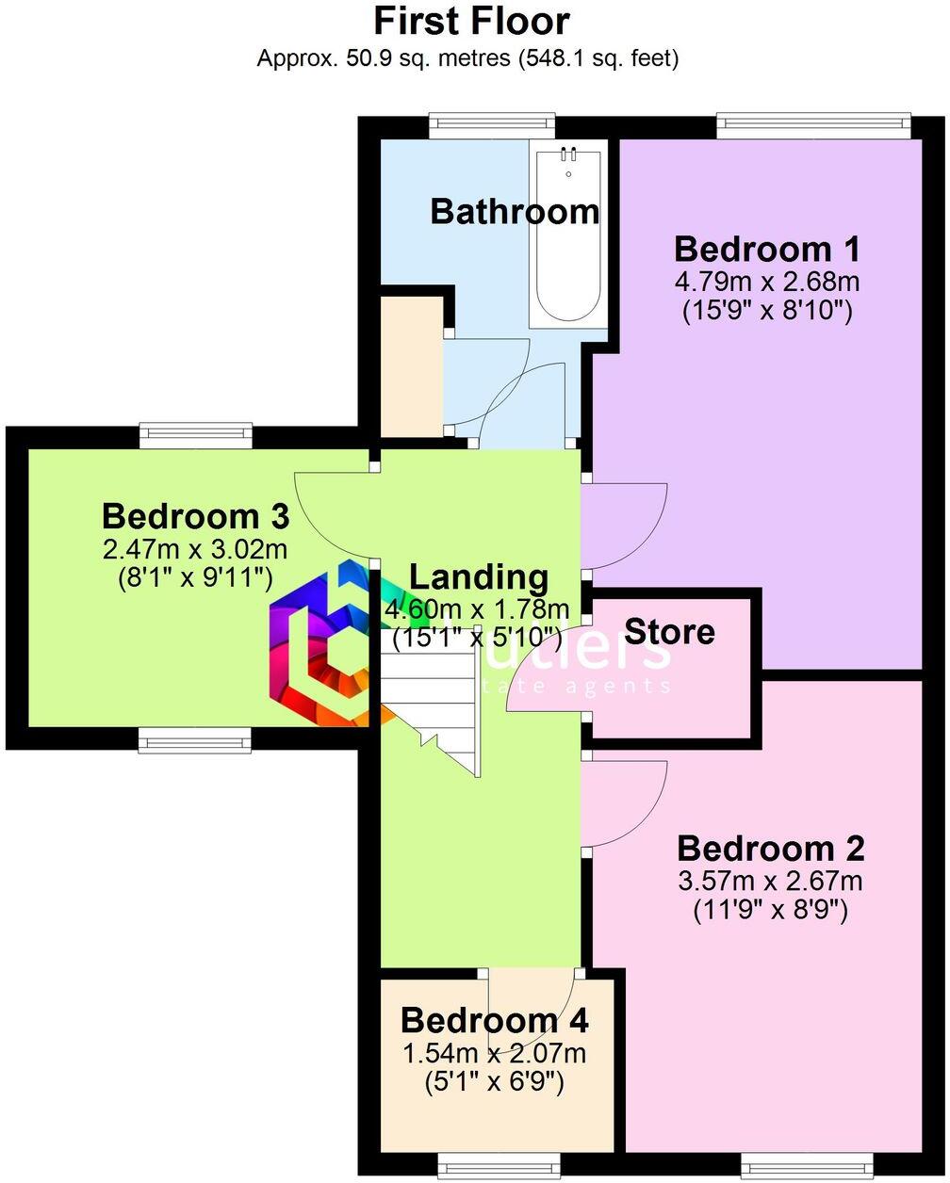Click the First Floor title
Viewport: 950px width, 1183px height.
472,21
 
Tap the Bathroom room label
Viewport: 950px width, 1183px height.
515,211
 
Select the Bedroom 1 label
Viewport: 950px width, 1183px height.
767,250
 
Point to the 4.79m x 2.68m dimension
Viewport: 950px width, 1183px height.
767,281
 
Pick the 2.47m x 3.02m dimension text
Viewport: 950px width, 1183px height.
195,547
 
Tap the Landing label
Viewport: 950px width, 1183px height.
478,576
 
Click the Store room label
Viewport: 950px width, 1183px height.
669,631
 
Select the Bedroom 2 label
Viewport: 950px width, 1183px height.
771,849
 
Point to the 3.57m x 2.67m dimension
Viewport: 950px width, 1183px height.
771,881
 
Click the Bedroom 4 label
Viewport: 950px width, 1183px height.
495,1020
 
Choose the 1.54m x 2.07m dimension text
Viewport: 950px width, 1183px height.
495,1053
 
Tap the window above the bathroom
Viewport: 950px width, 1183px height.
492,122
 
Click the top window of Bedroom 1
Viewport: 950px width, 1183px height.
813,122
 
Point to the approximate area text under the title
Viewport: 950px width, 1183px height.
468,58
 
